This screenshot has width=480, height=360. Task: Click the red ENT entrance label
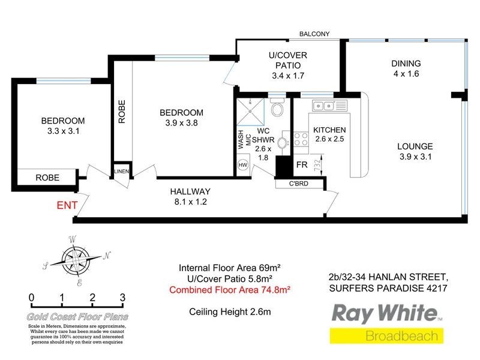67,205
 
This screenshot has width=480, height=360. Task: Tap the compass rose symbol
74,259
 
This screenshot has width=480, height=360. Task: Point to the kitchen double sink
323,106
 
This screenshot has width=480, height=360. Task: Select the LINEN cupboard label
122,172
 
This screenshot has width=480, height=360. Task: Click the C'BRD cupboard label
298,184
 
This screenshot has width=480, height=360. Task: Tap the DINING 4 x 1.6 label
406,68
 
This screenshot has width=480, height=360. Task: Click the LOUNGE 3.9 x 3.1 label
415,152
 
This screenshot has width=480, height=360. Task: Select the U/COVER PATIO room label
287,65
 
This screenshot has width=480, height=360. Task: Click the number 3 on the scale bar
122,297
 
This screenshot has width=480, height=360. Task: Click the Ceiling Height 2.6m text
230,311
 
